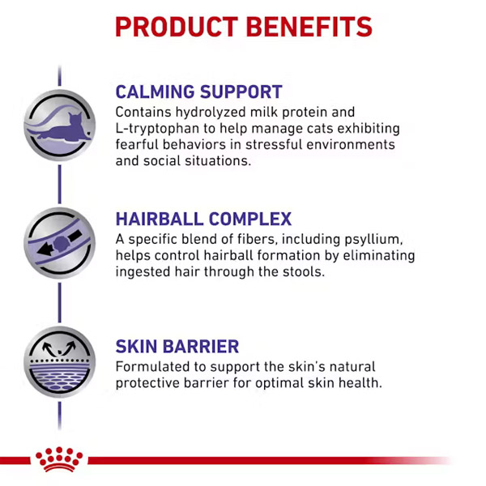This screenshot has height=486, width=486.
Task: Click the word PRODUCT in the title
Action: click(177, 27)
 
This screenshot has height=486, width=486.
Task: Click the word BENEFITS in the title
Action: click(309, 27)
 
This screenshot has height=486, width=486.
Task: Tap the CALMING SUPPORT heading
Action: click(198, 92)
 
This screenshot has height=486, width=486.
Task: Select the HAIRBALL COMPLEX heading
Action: click(203, 219)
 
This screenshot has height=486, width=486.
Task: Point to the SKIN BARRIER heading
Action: click(177, 346)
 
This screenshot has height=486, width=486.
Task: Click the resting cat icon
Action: click(59, 126)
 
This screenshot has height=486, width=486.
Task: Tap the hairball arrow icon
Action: click(59, 243)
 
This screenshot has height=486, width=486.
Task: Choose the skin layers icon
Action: click(59, 362)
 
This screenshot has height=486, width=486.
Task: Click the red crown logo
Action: click(59, 459)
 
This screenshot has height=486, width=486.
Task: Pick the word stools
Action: click(304, 272)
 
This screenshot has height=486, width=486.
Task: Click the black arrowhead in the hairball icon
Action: click(45, 249)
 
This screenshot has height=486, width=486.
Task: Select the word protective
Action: click(147, 383)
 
